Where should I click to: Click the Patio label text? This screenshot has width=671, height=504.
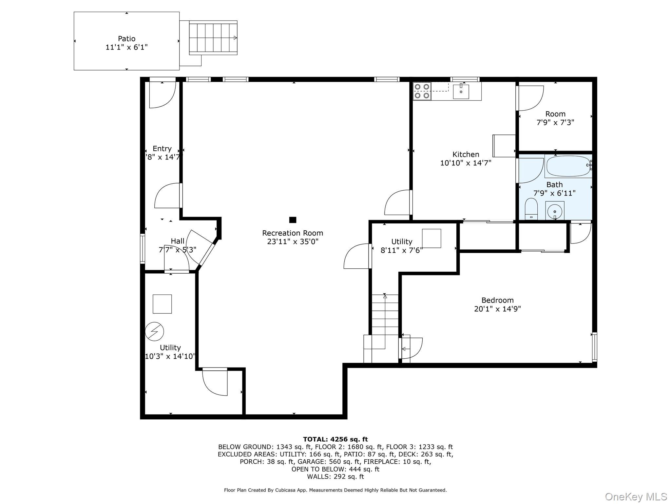coord(126,39)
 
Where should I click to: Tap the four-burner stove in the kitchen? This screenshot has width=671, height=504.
coord(422,91)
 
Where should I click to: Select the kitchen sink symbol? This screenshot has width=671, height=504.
coord(461,91)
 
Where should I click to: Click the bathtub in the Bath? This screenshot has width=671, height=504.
coord(568,166)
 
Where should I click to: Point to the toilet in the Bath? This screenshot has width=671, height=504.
coord(531,208)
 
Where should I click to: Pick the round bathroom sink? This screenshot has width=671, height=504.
coord(555,210)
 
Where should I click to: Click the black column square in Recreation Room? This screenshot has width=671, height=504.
coord(293,220)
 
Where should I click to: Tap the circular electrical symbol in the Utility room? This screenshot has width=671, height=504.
coord(154,331)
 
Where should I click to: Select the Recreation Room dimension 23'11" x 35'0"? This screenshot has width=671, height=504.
coord(293,242)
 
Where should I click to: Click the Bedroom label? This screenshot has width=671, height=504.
coord(497,300)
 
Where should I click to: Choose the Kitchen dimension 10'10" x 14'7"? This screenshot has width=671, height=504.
coord(466,163)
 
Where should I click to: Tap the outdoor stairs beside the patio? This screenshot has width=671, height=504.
coord(213,38)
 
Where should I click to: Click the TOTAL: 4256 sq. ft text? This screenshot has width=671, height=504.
coord(335,439)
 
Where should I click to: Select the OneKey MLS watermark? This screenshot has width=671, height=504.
coord(635,496)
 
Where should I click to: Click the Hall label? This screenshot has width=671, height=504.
coord(178,241)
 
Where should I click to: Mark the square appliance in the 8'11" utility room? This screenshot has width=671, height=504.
coord(431,238)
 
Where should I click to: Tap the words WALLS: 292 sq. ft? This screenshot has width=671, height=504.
coord(335,476)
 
